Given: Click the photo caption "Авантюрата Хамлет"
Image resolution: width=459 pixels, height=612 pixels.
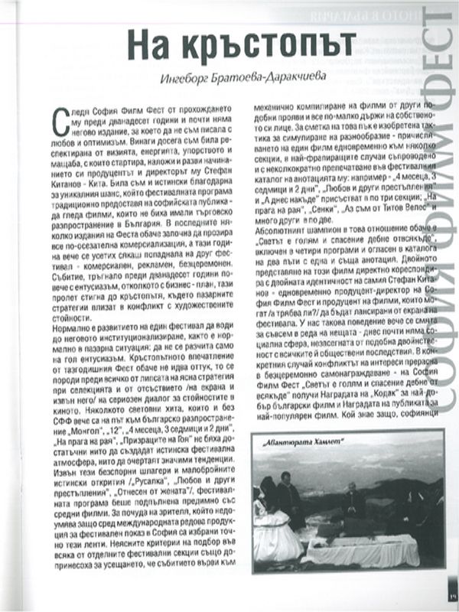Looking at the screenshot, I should (x=303, y=441).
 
